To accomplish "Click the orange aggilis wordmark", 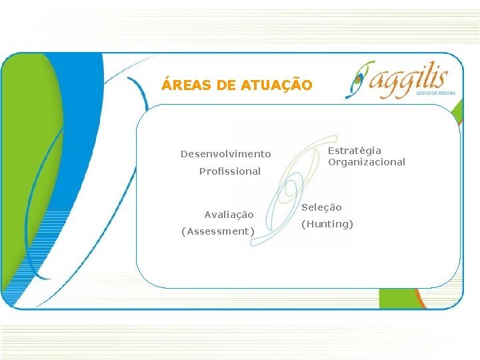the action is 414,79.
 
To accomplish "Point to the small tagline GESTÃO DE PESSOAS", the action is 435,93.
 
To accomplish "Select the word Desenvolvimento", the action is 225,154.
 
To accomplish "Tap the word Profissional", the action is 229,171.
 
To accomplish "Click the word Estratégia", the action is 355,151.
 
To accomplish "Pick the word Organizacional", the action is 366,162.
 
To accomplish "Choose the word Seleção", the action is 323,207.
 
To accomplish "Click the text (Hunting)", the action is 327,224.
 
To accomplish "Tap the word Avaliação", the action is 229,215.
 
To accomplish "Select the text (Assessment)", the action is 218,231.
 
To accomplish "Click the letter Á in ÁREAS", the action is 166,85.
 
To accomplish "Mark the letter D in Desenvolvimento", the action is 184,154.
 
